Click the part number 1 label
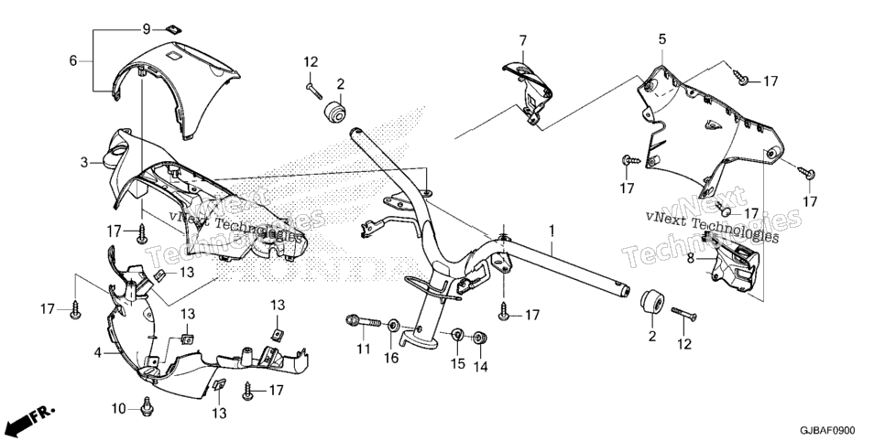click(x=552, y=230)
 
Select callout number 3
click(x=84, y=163)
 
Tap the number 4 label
click(x=98, y=353)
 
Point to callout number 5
click(x=662, y=39)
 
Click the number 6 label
click(x=72, y=60)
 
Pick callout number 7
click(x=522, y=40)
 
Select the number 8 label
click(x=691, y=259)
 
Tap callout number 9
click(x=146, y=28)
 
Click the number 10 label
click(x=118, y=408)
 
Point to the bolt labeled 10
click(x=147, y=407)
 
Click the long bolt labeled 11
click(x=364, y=323)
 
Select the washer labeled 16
click(x=392, y=326)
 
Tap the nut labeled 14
click(x=480, y=338)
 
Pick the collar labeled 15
click(x=458, y=335)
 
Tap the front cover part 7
click(x=526, y=93)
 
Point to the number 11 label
click(x=363, y=350)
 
